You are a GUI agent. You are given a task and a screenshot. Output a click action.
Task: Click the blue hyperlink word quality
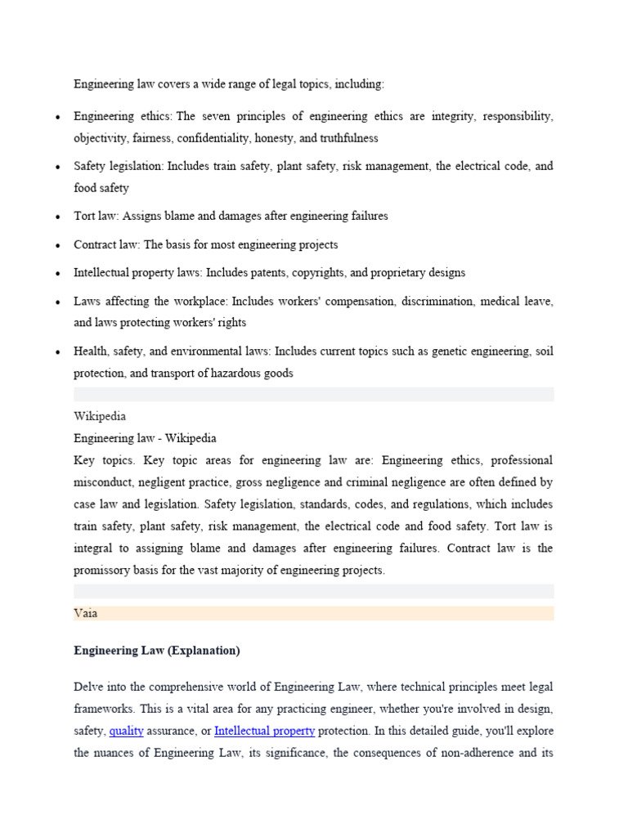tap(126, 731)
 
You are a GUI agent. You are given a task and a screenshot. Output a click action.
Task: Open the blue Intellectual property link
tap(264, 731)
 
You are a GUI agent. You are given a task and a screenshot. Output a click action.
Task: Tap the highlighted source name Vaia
tap(86, 613)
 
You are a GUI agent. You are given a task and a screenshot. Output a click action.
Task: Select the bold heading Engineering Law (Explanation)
tap(156, 651)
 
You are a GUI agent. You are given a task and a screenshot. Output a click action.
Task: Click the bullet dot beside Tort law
tap(57, 217)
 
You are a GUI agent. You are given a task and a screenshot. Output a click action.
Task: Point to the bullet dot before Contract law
tap(57, 245)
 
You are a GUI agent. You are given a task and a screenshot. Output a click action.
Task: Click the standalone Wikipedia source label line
tap(100, 416)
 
